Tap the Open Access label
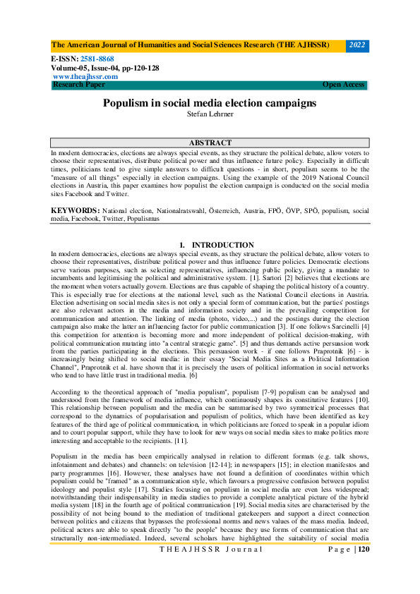pos(344,85)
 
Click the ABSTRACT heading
pos(210,143)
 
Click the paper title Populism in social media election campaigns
pos(210,103)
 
